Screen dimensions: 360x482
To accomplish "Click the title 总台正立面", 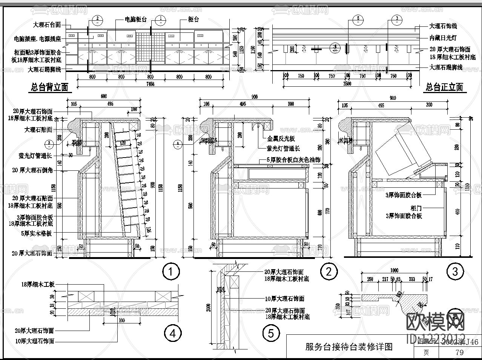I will [x=444, y=87].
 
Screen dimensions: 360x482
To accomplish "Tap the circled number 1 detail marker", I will [x=171, y=271].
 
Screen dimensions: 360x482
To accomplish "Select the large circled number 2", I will [x=328, y=271].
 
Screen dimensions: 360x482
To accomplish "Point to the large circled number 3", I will [x=454, y=271].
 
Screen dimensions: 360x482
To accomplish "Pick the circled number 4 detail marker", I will [x=173, y=333].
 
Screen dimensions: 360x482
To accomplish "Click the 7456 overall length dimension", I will [x=150, y=84].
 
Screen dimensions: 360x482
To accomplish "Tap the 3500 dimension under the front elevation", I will [x=347, y=84].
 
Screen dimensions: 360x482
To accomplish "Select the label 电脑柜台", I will [x=136, y=20].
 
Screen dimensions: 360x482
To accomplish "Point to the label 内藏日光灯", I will [x=443, y=38].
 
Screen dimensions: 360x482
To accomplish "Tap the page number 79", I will [x=459, y=353].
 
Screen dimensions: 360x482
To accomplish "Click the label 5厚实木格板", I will [x=36, y=233].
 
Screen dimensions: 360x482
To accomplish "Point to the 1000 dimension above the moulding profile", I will [x=394, y=270].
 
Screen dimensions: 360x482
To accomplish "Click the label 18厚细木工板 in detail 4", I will [x=38, y=285].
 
